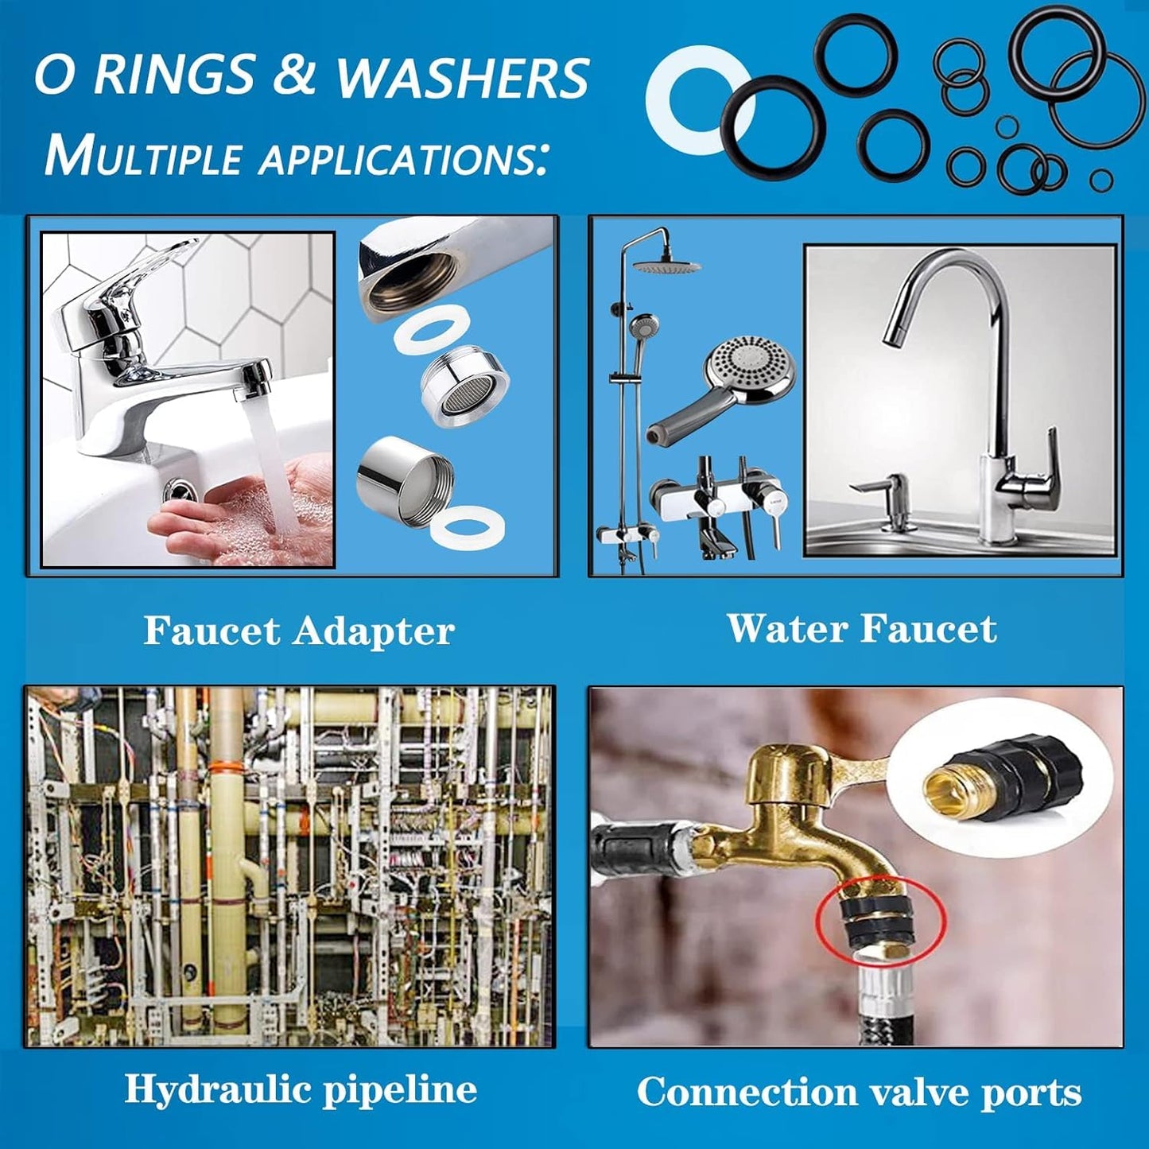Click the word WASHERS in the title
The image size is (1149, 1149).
pyautogui.click(x=464, y=77)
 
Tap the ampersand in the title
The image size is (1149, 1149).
pyautogui.click(x=293, y=76)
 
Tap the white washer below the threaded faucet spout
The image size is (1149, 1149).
pyautogui.click(x=433, y=327)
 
